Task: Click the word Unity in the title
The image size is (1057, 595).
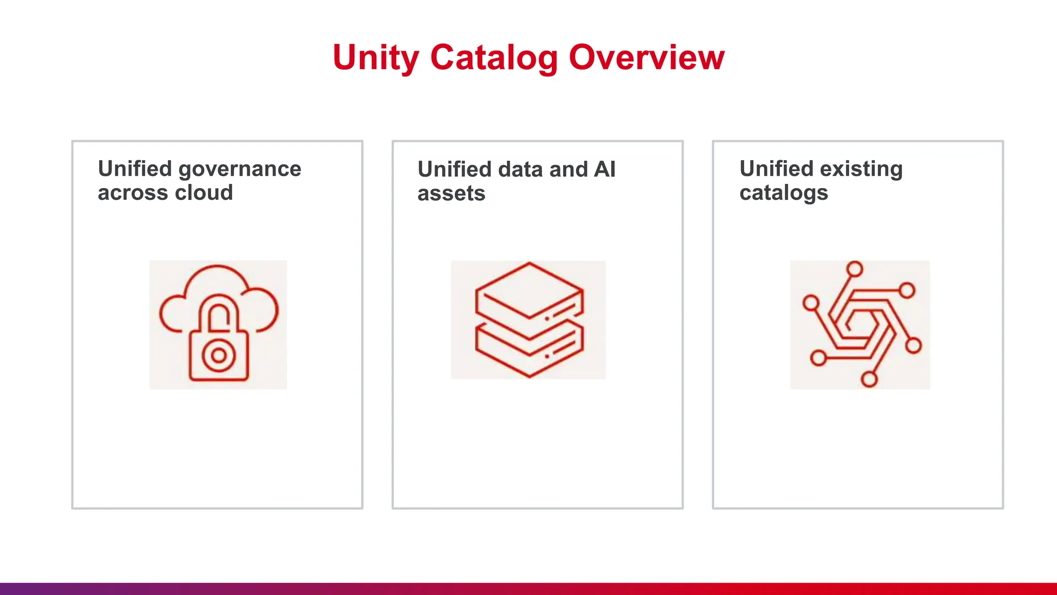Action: [375, 58]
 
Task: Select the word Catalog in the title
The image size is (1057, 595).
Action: [494, 58]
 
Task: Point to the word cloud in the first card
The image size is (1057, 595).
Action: [204, 193]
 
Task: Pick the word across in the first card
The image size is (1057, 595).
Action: [133, 193]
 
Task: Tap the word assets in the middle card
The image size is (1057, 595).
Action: [451, 194]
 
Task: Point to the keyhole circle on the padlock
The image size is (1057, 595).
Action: [219, 355]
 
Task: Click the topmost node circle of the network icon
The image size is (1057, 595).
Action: [855, 269]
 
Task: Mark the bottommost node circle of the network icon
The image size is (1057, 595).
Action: [869, 380]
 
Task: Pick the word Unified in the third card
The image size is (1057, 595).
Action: [776, 169]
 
